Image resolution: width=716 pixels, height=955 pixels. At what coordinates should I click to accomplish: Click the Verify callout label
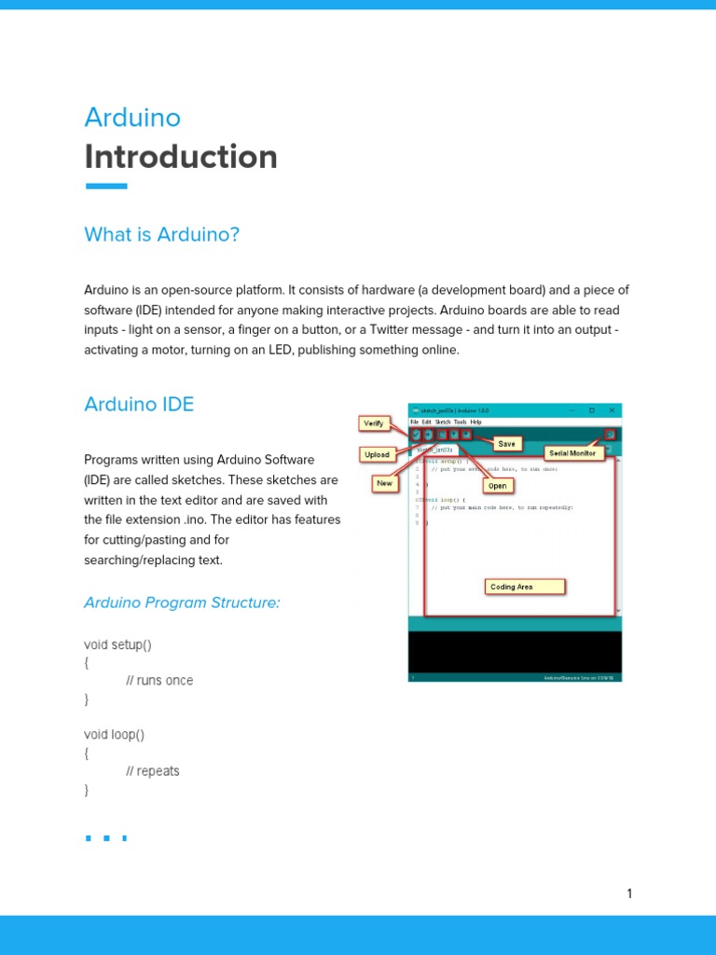coord(373,423)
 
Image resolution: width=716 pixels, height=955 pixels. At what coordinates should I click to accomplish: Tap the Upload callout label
coord(377,455)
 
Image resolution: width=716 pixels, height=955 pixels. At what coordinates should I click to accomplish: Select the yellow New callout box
coord(384,483)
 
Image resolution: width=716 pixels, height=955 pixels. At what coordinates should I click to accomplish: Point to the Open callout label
coord(498,486)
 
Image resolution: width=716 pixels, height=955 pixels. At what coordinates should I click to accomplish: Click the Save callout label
coord(506,444)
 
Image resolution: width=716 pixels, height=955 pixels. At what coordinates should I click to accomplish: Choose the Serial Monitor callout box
coord(572,453)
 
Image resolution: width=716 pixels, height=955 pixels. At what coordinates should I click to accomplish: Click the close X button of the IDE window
coord(612,410)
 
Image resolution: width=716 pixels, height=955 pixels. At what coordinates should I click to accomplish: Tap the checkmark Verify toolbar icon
coord(416,434)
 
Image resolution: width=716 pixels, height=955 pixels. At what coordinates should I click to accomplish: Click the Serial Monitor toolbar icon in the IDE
coord(610,434)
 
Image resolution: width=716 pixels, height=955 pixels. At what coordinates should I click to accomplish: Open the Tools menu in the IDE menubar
coord(461,422)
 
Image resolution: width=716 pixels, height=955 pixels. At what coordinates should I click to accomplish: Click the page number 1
coord(629,893)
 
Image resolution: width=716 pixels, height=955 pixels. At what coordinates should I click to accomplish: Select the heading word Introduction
coord(181,157)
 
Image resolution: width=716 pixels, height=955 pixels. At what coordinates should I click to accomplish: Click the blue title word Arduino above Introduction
coord(132,118)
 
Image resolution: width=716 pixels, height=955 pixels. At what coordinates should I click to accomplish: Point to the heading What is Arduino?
coord(161,234)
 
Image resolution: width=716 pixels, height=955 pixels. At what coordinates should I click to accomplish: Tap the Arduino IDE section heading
coord(139,404)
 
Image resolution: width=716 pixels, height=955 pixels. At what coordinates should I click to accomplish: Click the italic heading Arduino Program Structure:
coord(182,602)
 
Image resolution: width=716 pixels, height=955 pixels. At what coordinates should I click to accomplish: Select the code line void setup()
coord(117,644)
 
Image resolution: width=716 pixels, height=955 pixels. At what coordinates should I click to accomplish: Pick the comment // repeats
coord(153,771)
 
